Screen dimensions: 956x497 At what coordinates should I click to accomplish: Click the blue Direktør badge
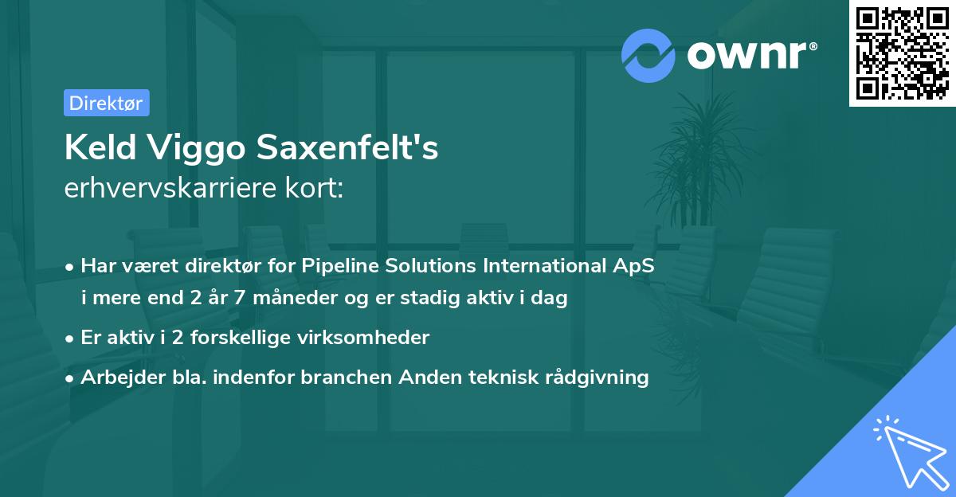pos(107,103)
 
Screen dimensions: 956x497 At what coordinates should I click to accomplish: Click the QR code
pos(903,53)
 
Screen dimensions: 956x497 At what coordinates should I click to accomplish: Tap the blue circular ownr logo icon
pos(648,56)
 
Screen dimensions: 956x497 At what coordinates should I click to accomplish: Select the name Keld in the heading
pos(100,147)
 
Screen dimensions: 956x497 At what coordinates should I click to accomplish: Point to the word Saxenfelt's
pos(347,147)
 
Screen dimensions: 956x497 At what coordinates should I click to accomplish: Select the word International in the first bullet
pos(545,265)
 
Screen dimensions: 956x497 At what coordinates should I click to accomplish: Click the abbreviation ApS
pos(634,267)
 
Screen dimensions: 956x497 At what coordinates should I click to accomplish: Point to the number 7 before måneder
pos(240,298)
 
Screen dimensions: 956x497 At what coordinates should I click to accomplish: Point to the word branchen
pos(346,377)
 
